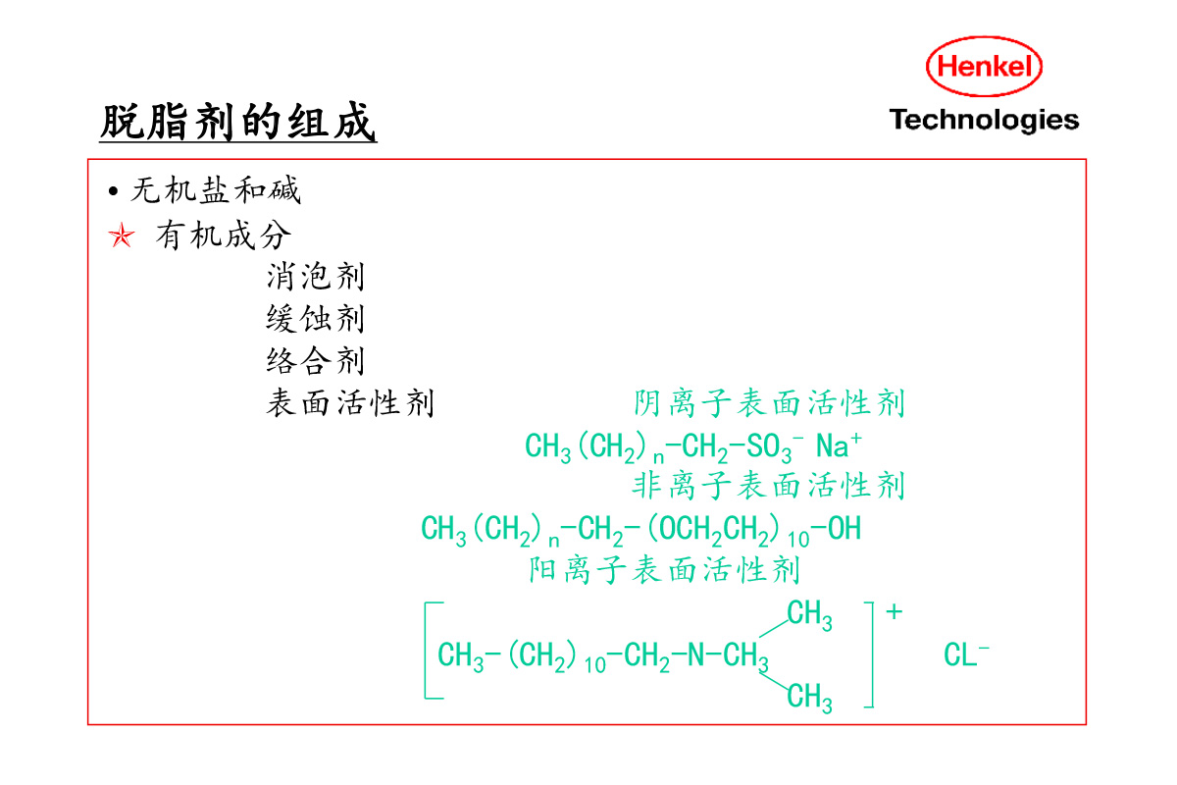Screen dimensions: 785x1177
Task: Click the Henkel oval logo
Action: pyautogui.click(x=984, y=67)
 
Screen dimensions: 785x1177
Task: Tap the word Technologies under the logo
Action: pyautogui.click(x=984, y=120)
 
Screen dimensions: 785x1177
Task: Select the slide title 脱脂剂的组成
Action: pyautogui.click(x=238, y=124)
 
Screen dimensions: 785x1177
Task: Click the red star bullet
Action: pyautogui.click(x=121, y=236)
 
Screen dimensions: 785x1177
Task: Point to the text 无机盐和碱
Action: pyautogui.click(x=216, y=189)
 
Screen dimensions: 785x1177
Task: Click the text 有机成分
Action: pyautogui.click(x=224, y=235)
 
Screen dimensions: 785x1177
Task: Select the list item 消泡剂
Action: pyautogui.click(x=315, y=277)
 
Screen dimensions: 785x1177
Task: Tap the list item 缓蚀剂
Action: pyautogui.click(x=315, y=319)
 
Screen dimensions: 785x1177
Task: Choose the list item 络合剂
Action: pyautogui.click(x=315, y=361)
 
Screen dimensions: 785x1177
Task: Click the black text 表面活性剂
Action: pyautogui.click(x=349, y=403)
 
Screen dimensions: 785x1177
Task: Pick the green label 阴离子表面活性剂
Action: pyautogui.click(x=768, y=403)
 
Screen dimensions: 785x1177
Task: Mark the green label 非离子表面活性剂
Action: pyautogui.click(x=768, y=485)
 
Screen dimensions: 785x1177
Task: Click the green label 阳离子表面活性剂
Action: pyautogui.click(x=664, y=569)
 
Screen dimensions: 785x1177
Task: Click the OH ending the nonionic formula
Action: pyautogui.click(x=844, y=530)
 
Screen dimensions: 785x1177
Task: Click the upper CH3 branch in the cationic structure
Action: pyautogui.click(x=810, y=616)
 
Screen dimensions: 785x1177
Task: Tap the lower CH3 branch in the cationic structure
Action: pyautogui.click(x=810, y=698)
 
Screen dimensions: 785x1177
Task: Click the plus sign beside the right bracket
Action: pyautogui.click(x=894, y=612)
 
